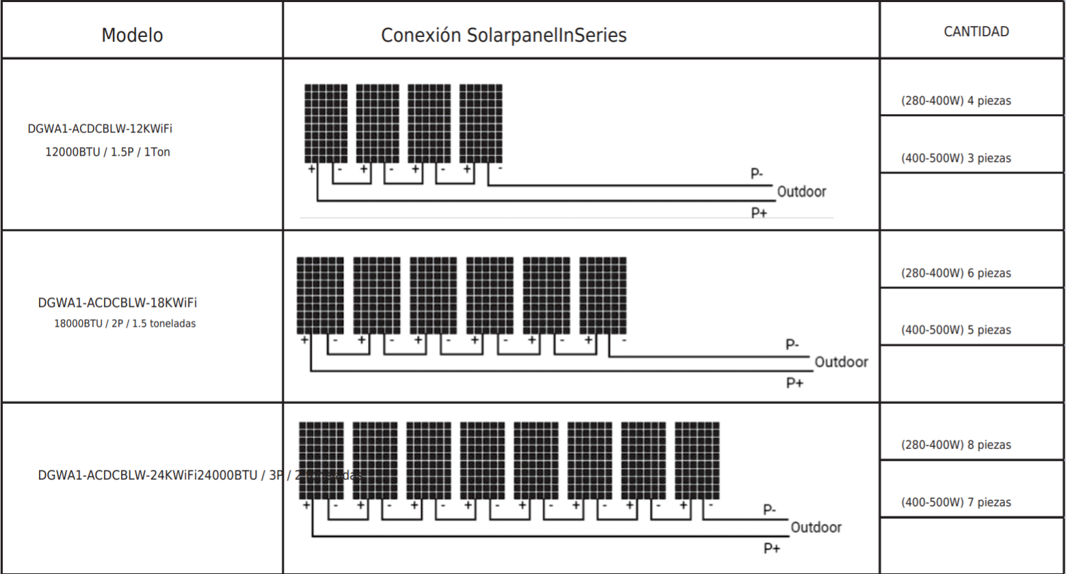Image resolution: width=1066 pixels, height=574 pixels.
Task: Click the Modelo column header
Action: click(x=132, y=36)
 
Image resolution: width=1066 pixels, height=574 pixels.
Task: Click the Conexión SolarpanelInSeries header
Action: click(x=503, y=36)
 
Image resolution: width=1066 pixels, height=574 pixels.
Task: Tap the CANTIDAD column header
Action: click(x=976, y=31)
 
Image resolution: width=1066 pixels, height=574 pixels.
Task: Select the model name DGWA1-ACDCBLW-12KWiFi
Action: click(x=100, y=128)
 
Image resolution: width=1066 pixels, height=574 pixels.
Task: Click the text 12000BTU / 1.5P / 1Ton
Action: click(x=107, y=152)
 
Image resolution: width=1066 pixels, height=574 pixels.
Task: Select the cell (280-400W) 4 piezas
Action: click(x=955, y=101)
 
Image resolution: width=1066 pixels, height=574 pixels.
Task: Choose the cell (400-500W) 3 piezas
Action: click(x=955, y=159)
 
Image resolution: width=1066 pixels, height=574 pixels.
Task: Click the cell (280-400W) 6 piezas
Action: click(x=955, y=273)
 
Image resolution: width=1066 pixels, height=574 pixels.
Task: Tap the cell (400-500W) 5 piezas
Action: click(x=955, y=330)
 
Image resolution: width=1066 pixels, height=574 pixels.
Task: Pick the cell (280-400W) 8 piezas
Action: click(x=955, y=445)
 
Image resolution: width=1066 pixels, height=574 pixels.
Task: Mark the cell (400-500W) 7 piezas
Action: click(x=955, y=502)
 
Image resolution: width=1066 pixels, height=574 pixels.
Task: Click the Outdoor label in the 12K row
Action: click(x=801, y=192)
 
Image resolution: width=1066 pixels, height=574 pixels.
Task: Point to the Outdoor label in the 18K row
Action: click(x=841, y=362)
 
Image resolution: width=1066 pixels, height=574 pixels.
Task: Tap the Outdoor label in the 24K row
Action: click(x=816, y=528)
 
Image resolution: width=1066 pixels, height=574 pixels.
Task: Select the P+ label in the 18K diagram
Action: click(x=794, y=383)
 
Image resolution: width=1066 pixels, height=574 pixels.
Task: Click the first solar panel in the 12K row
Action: click(x=325, y=124)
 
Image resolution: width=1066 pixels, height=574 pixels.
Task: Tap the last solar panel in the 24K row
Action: click(x=697, y=461)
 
